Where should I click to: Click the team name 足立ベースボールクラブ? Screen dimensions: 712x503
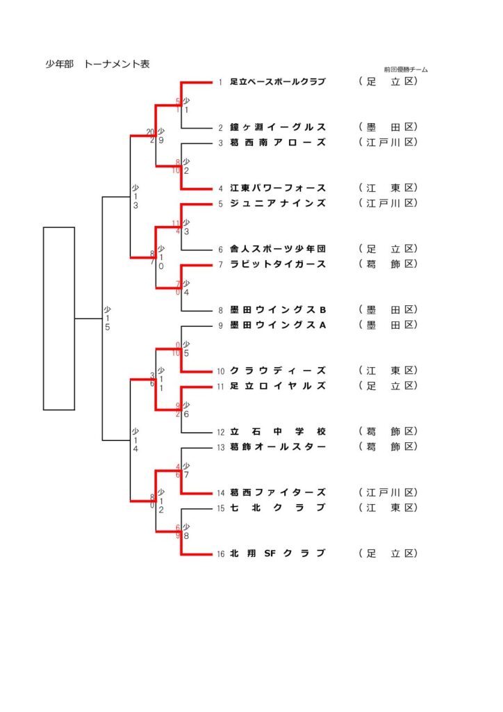tap(277, 82)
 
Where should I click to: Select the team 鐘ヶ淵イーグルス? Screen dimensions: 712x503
tap(277, 127)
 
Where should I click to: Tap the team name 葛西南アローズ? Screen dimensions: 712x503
tap(277, 143)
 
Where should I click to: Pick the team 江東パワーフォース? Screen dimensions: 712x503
tap(277, 188)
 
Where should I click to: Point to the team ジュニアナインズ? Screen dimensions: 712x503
tap(277, 203)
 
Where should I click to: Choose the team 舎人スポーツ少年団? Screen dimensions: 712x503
tap(277, 249)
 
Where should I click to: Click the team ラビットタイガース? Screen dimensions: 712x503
tap(277, 264)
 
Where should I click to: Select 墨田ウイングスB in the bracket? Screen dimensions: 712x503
tap(277, 309)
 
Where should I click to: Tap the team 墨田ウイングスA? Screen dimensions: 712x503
tap(277, 325)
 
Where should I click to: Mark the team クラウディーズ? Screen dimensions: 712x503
tap(277, 371)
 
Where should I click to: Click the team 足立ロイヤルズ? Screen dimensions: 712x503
tap(277, 386)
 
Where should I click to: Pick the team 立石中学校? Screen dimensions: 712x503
tap(277, 431)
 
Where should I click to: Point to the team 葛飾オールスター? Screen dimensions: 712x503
tap(277, 446)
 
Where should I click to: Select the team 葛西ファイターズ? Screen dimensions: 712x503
tap(277, 492)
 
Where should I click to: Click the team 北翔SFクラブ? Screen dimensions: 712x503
tap(277, 553)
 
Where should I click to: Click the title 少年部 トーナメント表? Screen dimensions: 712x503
tap(98, 65)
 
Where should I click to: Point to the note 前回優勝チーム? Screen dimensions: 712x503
tap(406, 70)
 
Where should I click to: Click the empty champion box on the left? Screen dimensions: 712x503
tap(59, 318)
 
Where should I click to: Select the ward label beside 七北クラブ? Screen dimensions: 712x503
tap(388, 508)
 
